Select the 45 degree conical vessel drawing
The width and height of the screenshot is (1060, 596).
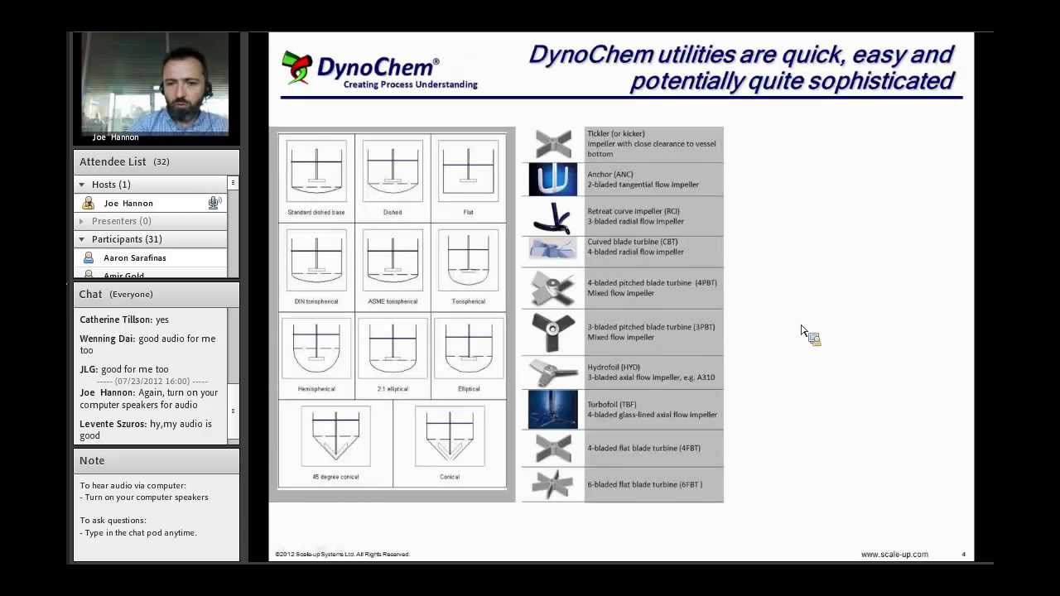(x=335, y=436)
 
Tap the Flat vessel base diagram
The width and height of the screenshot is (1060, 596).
(x=468, y=171)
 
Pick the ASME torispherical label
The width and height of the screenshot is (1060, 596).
(x=393, y=301)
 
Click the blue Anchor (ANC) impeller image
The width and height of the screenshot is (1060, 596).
(x=553, y=180)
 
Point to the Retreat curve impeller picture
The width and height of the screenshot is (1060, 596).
(x=553, y=218)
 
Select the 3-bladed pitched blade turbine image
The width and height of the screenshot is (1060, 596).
(x=553, y=332)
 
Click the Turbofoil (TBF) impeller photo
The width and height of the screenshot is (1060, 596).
(x=553, y=410)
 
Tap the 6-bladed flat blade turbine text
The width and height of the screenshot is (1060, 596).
(x=644, y=484)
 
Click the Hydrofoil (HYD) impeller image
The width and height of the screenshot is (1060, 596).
(x=553, y=372)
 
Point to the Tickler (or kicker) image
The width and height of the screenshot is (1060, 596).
(x=553, y=143)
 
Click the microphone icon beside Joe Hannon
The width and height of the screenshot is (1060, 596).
(x=214, y=203)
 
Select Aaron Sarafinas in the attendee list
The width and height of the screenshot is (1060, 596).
(x=134, y=258)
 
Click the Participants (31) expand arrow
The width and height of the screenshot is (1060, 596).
(x=81, y=239)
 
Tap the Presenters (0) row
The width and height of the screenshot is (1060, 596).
(x=121, y=221)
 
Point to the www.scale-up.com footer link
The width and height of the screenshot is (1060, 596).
(x=894, y=555)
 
